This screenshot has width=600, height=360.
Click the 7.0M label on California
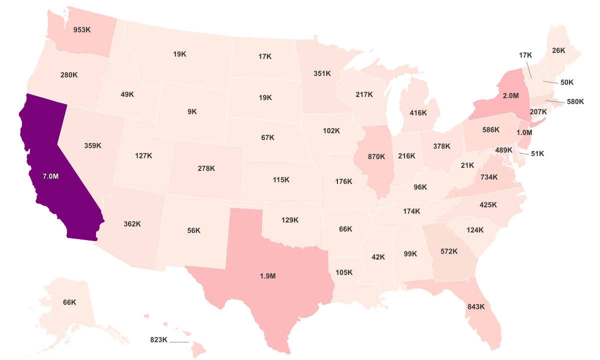point(50,176)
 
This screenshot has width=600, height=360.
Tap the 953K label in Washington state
point(81,29)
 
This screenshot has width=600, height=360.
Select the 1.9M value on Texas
point(267,276)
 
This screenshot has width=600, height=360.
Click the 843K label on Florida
point(476,306)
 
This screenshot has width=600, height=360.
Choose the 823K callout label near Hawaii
point(158,340)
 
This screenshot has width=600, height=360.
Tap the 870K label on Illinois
point(376,156)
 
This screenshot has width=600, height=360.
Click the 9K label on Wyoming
point(192,111)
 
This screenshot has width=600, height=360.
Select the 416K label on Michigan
point(418,113)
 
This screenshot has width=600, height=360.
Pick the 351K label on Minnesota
point(322,73)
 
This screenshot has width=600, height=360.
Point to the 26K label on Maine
point(558,50)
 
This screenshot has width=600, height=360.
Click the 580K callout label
point(575,101)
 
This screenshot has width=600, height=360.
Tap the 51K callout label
point(537,154)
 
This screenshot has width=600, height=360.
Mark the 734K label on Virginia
point(489,177)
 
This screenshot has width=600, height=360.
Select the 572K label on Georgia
point(449,251)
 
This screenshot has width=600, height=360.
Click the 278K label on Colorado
point(206,168)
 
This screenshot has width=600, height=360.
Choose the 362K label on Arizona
point(132,224)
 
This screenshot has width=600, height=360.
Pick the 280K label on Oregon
point(69,75)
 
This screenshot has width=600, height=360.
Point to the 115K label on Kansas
point(281,179)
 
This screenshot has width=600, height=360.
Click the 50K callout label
point(567,82)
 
